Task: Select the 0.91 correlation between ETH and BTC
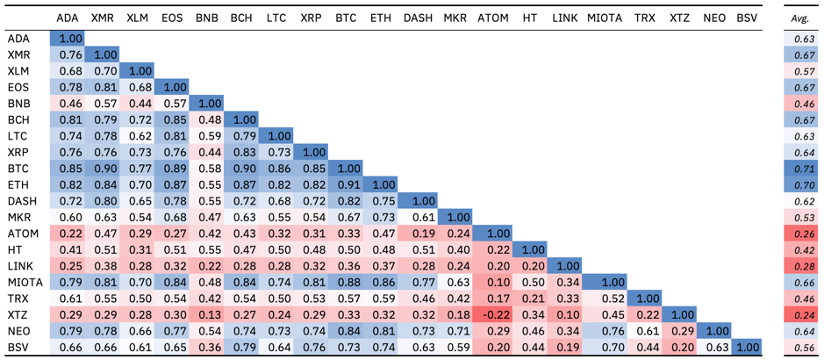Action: pos(347,185)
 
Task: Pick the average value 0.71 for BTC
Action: pos(799,169)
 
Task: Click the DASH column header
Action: pos(419,18)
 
